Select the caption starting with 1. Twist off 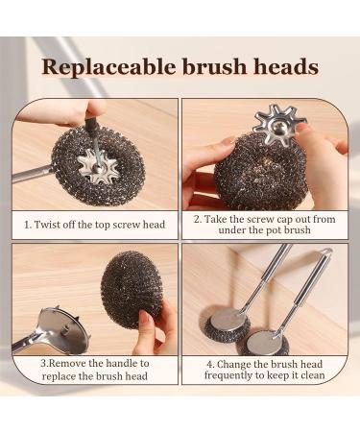click(95, 225)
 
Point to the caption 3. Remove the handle click(95, 370)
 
